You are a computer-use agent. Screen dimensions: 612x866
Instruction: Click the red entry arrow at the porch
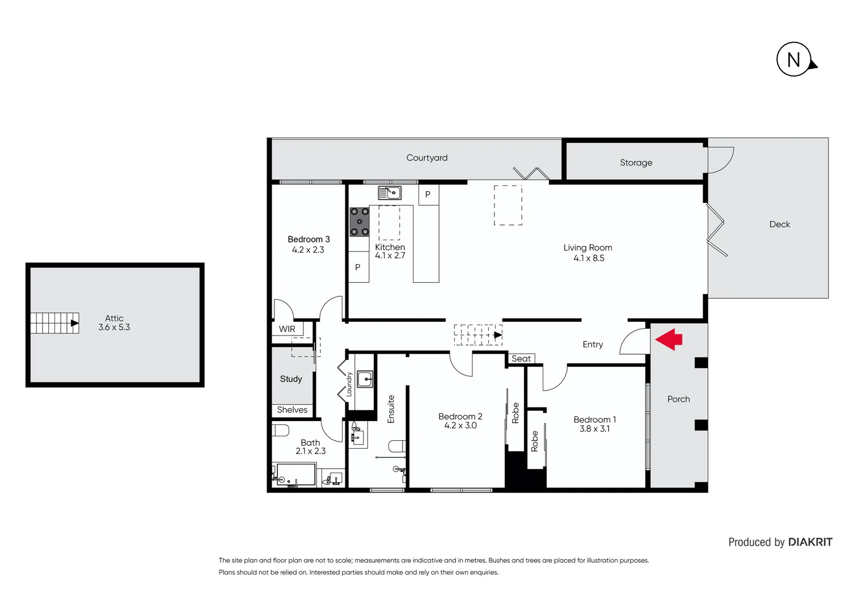[669, 339]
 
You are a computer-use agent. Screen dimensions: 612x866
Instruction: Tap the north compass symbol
[794, 59]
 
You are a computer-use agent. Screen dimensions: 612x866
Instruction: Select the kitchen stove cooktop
[359, 222]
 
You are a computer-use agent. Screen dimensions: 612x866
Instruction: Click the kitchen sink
[390, 193]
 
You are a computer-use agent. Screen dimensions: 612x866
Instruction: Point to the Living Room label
[588, 248]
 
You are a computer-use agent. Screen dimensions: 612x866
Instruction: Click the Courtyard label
[426, 158]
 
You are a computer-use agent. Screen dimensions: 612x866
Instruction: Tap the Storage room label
[636, 163]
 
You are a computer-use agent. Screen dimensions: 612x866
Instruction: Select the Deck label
[779, 224]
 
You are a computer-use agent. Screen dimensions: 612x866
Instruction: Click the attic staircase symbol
[54, 323]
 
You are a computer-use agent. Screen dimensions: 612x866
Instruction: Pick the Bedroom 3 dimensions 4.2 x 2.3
[308, 250]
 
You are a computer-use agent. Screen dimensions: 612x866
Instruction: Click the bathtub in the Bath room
[295, 475]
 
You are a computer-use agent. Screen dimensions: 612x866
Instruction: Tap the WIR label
[287, 329]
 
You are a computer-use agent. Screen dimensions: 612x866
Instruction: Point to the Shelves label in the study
[292, 410]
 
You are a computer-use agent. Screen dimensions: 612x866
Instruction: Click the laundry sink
[365, 379]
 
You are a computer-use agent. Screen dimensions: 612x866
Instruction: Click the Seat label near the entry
[521, 359]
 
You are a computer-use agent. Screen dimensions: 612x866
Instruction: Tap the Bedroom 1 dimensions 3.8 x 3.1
[594, 429]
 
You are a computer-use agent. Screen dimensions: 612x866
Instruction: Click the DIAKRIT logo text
[810, 542]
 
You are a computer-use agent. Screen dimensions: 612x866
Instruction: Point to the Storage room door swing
[721, 160]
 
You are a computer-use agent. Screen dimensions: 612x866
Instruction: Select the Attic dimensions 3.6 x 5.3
[114, 328]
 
